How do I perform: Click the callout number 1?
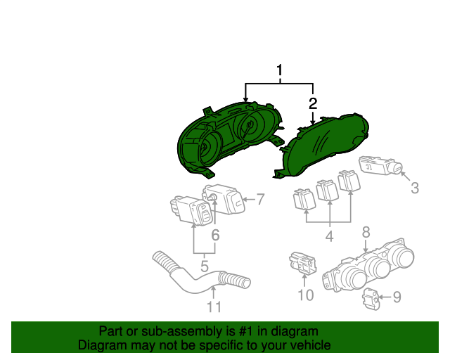click(280, 70)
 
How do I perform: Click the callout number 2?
click(313, 103)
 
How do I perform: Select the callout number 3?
click(415, 188)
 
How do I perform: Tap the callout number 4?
click(330, 236)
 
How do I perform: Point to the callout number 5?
click(205, 266)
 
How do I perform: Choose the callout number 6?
click(215, 235)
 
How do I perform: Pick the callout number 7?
click(260, 199)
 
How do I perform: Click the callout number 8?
click(366, 232)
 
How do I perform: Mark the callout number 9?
click(397, 297)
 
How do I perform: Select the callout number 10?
click(306, 295)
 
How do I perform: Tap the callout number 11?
click(214, 307)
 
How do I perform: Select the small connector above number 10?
click(303, 263)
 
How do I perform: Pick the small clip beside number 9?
click(372, 299)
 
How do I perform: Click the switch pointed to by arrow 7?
click(224, 199)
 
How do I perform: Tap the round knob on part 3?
click(395, 167)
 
